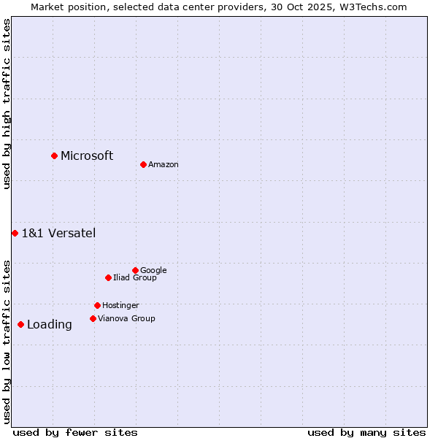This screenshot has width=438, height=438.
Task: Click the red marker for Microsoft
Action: [54, 155]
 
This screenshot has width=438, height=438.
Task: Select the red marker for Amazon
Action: [143, 164]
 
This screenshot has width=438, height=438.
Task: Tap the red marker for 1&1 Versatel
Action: [15, 233]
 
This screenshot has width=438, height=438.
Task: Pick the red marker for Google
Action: [135, 270]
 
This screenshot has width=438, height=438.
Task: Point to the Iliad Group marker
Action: [108, 277]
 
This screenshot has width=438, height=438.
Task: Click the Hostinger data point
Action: [97, 305]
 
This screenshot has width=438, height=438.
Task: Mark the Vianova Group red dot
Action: [93, 318]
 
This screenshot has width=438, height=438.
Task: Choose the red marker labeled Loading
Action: [20, 324]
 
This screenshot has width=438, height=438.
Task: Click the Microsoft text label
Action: [87, 155]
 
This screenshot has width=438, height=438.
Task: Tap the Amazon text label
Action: [164, 165]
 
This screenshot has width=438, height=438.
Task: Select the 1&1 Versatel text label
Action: [58, 234]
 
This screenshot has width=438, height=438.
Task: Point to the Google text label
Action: [153, 271]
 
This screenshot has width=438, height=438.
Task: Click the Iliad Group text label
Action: [135, 278]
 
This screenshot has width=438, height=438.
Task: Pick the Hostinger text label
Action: [120, 306]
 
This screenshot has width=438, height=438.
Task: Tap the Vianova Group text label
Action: [126, 319]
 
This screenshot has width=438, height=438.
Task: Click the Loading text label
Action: [50, 325]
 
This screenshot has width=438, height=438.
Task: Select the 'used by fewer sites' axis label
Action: [75, 432]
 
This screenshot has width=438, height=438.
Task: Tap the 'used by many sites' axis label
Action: [366, 432]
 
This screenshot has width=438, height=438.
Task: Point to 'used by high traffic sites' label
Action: [7, 104]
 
